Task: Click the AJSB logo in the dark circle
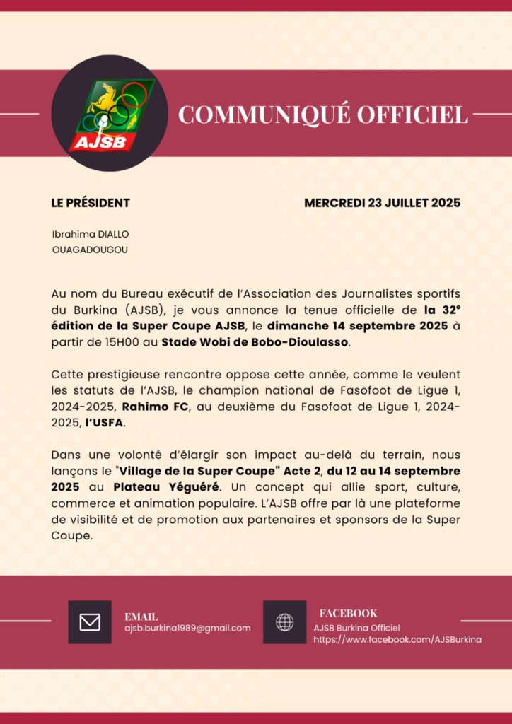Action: [x=109, y=115]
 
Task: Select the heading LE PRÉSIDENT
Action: [x=91, y=203]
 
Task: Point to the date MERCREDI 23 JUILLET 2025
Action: [x=382, y=203]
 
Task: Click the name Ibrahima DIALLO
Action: [x=91, y=234]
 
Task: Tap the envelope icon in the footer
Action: [x=90, y=622]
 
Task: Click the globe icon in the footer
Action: [x=285, y=622]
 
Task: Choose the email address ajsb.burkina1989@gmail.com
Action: [x=187, y=628]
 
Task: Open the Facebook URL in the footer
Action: [x=397, y=639]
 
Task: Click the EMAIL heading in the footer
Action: [x=141, y=617]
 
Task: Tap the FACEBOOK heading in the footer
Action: [x=348, y=613]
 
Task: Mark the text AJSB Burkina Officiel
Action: [x=357, y=628]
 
